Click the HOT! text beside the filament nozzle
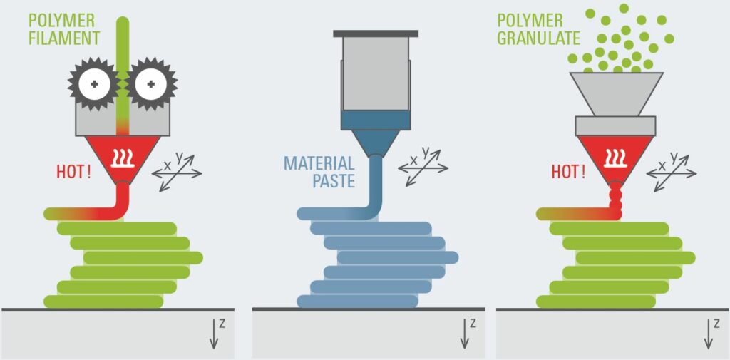coord(73,172)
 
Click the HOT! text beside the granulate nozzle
coord(567,172)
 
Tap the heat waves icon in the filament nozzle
coord(123,154)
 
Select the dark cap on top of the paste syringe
coord(375,34)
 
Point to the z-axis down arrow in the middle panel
coord(465,332)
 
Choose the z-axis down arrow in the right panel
coord(708,332)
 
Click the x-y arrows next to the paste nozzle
coord(423,168)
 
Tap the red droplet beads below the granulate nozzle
coord(615,200)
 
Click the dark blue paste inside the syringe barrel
coord(375,120)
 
